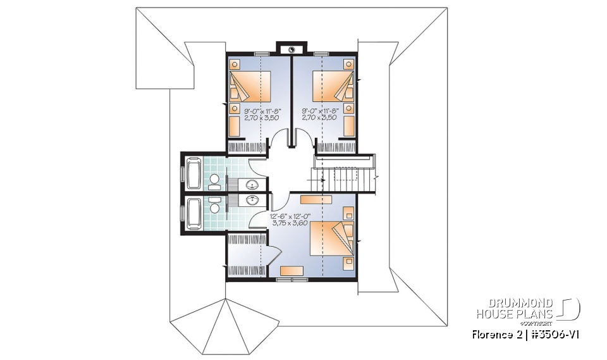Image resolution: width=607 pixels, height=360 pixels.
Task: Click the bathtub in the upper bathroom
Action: pyautogui.click(x=193, y=173)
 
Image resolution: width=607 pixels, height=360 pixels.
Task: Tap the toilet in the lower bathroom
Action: pyautogui.click(x=216, y=207)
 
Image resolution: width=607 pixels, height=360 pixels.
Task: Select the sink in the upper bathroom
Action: pyautogui.click(x=253, y=185)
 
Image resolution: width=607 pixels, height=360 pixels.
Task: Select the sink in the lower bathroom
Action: pyautogui.click(x=253, y=201)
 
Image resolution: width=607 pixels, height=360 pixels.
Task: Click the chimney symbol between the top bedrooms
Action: pyautogui.click(x=291, y=49)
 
